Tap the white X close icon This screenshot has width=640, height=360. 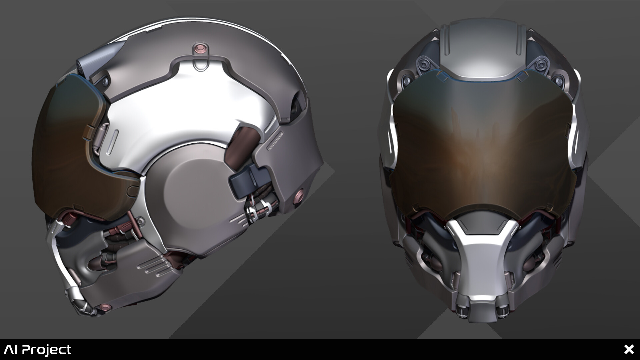[629, 349]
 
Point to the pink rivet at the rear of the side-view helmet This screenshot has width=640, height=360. [299, 195]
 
